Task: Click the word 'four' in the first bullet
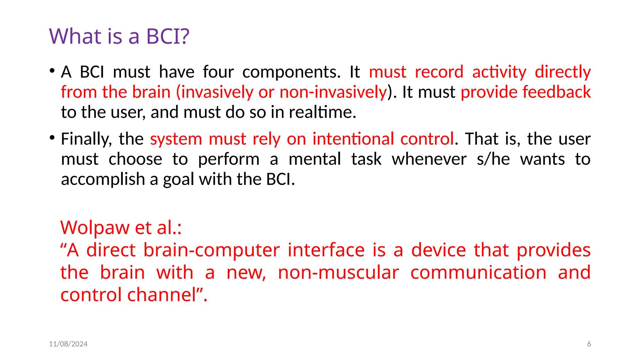218,72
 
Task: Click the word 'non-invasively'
333,92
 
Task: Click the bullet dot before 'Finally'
52,137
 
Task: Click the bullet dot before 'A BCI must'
52,70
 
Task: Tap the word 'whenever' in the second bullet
429,159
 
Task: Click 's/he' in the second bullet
493,159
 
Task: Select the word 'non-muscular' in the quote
338,272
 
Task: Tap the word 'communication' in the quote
478,272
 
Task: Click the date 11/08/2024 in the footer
68,344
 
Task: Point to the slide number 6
589,344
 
